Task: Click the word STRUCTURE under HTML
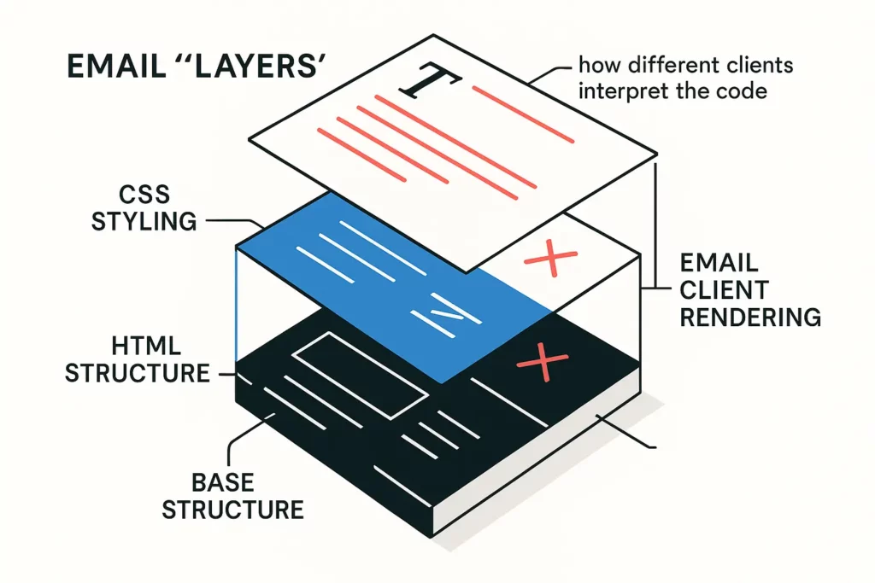[138, 373]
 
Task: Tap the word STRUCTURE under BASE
[232, 510]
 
